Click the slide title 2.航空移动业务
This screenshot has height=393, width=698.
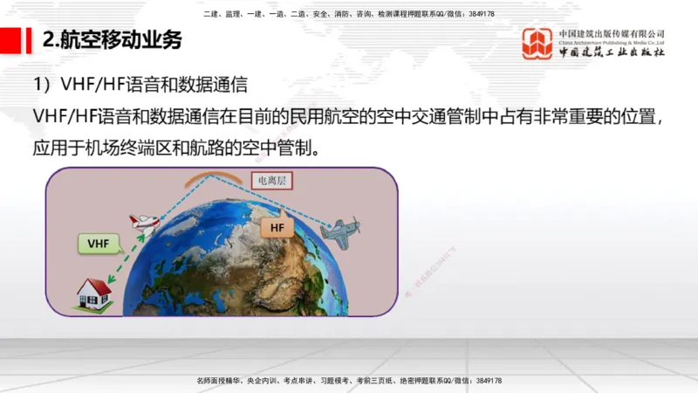(113, 40)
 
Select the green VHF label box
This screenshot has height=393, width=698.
(99, 243)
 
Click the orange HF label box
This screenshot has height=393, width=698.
(277, 228)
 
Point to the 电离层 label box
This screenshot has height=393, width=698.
(270, 182)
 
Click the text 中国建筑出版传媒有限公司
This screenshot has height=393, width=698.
(612, 33)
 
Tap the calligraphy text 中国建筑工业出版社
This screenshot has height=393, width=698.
(612, 52)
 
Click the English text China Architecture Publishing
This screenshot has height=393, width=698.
(611, 42)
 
